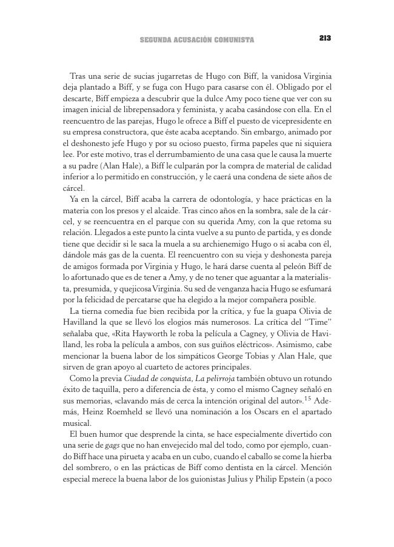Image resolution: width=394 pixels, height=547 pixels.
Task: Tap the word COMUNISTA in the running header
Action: [232, 41]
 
